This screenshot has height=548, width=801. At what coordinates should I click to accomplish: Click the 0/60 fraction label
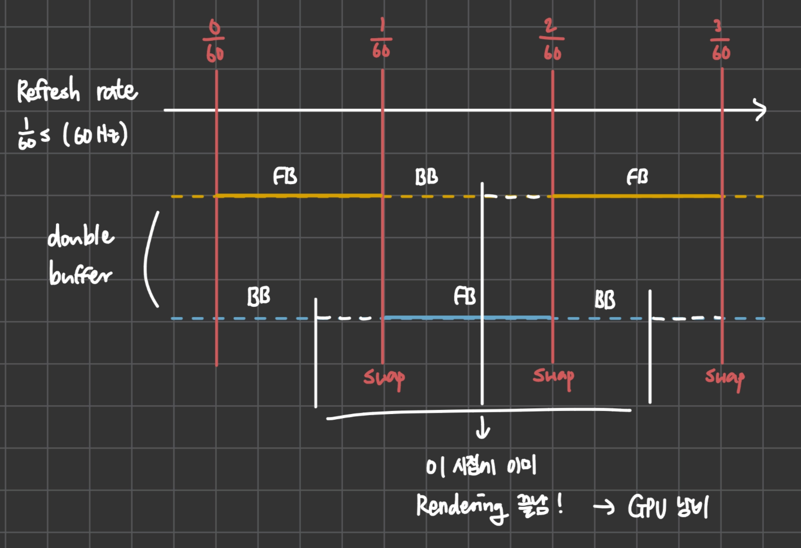tap(214, 41)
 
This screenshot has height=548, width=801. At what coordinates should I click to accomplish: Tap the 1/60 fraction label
tap(381, 39)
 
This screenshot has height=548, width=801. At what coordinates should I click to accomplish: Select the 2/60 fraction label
tap(552, 40)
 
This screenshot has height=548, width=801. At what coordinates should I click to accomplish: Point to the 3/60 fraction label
tap(721, 41)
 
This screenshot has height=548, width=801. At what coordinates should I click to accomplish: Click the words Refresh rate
tap(77, 91)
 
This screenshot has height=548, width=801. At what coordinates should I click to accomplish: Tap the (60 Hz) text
tap(95, 135)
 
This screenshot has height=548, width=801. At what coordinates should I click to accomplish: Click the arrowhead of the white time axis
tap(761, 110)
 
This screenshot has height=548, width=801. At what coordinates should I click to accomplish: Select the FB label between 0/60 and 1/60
tap(285, 176)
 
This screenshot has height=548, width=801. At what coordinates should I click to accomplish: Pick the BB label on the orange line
tap(427, 177)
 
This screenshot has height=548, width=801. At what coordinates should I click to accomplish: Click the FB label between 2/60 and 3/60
tap(637, 177)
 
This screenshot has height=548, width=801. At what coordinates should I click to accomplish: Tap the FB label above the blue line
tap(465, 296)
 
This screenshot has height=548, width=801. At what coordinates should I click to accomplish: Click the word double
tap(80, 236)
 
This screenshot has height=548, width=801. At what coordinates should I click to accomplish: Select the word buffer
tap(80, 273)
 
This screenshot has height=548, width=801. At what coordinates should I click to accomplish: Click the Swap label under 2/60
tap(553, 377)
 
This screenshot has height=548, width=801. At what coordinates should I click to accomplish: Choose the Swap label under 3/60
tap(725, 379)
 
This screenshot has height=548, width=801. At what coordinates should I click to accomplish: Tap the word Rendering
tap(459, 506)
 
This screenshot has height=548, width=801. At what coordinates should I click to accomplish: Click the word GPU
tap(646, 506)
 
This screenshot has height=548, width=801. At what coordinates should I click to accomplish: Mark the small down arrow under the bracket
tap(483, 428)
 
